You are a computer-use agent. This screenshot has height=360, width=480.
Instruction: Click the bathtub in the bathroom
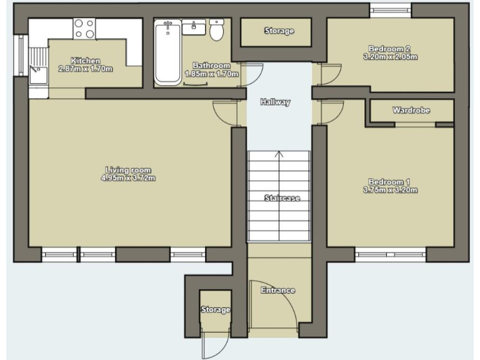pyautogui.click(x=167, y=52)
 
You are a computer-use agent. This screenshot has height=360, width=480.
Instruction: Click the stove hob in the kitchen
pyautogui.click(x=84, y=29)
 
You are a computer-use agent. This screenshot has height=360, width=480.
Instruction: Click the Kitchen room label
pyautogui.click(x=85, y=61)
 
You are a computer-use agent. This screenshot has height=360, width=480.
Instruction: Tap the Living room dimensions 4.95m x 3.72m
pyautogui.click(x=128, y=178)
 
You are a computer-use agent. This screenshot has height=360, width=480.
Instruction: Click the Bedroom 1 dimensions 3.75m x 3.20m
pyautogui.click(x=390, y=190)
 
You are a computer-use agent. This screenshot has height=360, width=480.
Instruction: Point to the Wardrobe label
pyautogui.click(x=411, y=110)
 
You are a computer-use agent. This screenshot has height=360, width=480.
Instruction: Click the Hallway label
pyautogui.click(x=276, y=102)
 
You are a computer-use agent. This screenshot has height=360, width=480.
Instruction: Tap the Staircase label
pyautogui.click(x=282, y=198)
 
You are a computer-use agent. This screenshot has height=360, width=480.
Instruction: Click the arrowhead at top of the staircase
pyautogui.click(x=279, y=154)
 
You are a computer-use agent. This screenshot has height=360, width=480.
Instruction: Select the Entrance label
pyautogui.click(x=278, y=291)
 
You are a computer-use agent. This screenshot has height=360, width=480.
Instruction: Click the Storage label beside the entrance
pyautogui.click(x=216, y=310)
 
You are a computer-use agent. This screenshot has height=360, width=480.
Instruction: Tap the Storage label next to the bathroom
pyautogui.click(x=279, y=31)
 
